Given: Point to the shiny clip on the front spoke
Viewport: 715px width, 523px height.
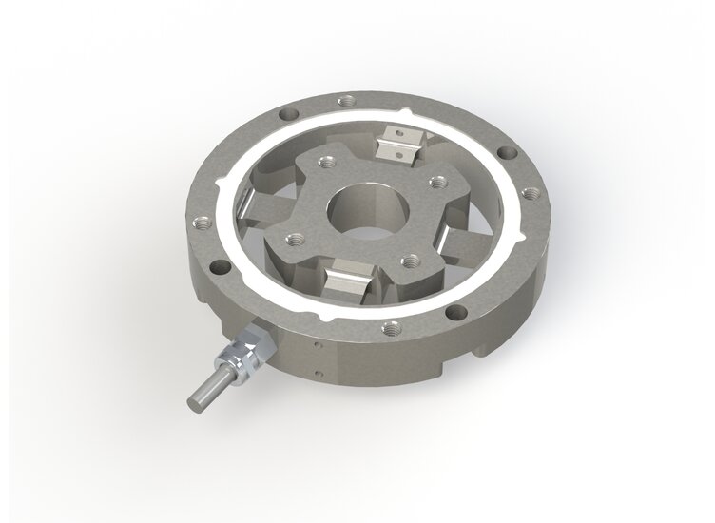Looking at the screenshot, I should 347,282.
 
